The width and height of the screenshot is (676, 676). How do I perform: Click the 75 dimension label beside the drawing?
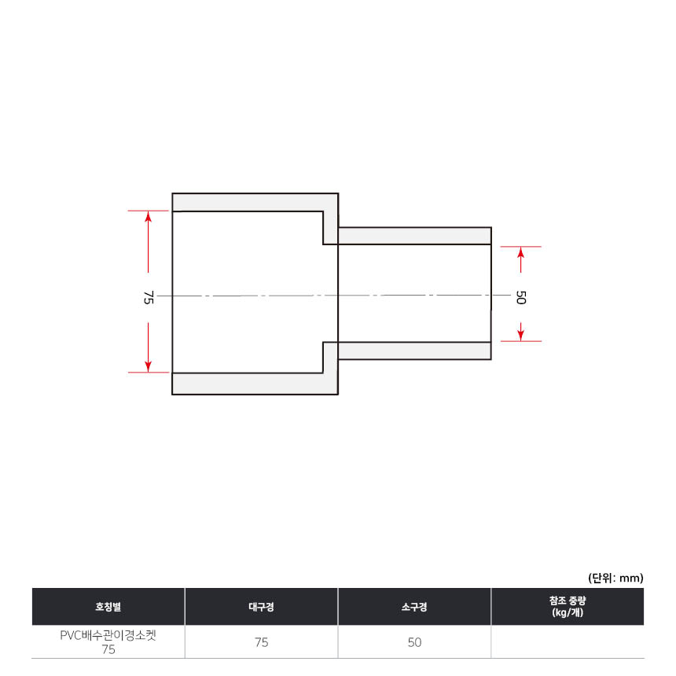click(149, 297)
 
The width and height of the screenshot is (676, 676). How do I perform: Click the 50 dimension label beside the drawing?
click(521, 297)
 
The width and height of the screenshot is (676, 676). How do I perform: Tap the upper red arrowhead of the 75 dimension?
click(149, 216)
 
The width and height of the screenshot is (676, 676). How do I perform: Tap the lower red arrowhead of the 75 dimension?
click(149, 367)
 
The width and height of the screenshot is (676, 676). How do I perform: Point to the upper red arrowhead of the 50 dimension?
click(521, 252)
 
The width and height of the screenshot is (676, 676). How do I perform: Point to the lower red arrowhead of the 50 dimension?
click(521, 336)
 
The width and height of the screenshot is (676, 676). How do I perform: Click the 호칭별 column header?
click(108, 607)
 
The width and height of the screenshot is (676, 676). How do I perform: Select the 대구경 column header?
click(261, 607)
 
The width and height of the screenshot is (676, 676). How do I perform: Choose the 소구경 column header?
click(414, 607)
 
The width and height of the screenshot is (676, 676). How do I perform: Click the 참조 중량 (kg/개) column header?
click(568, 606)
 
